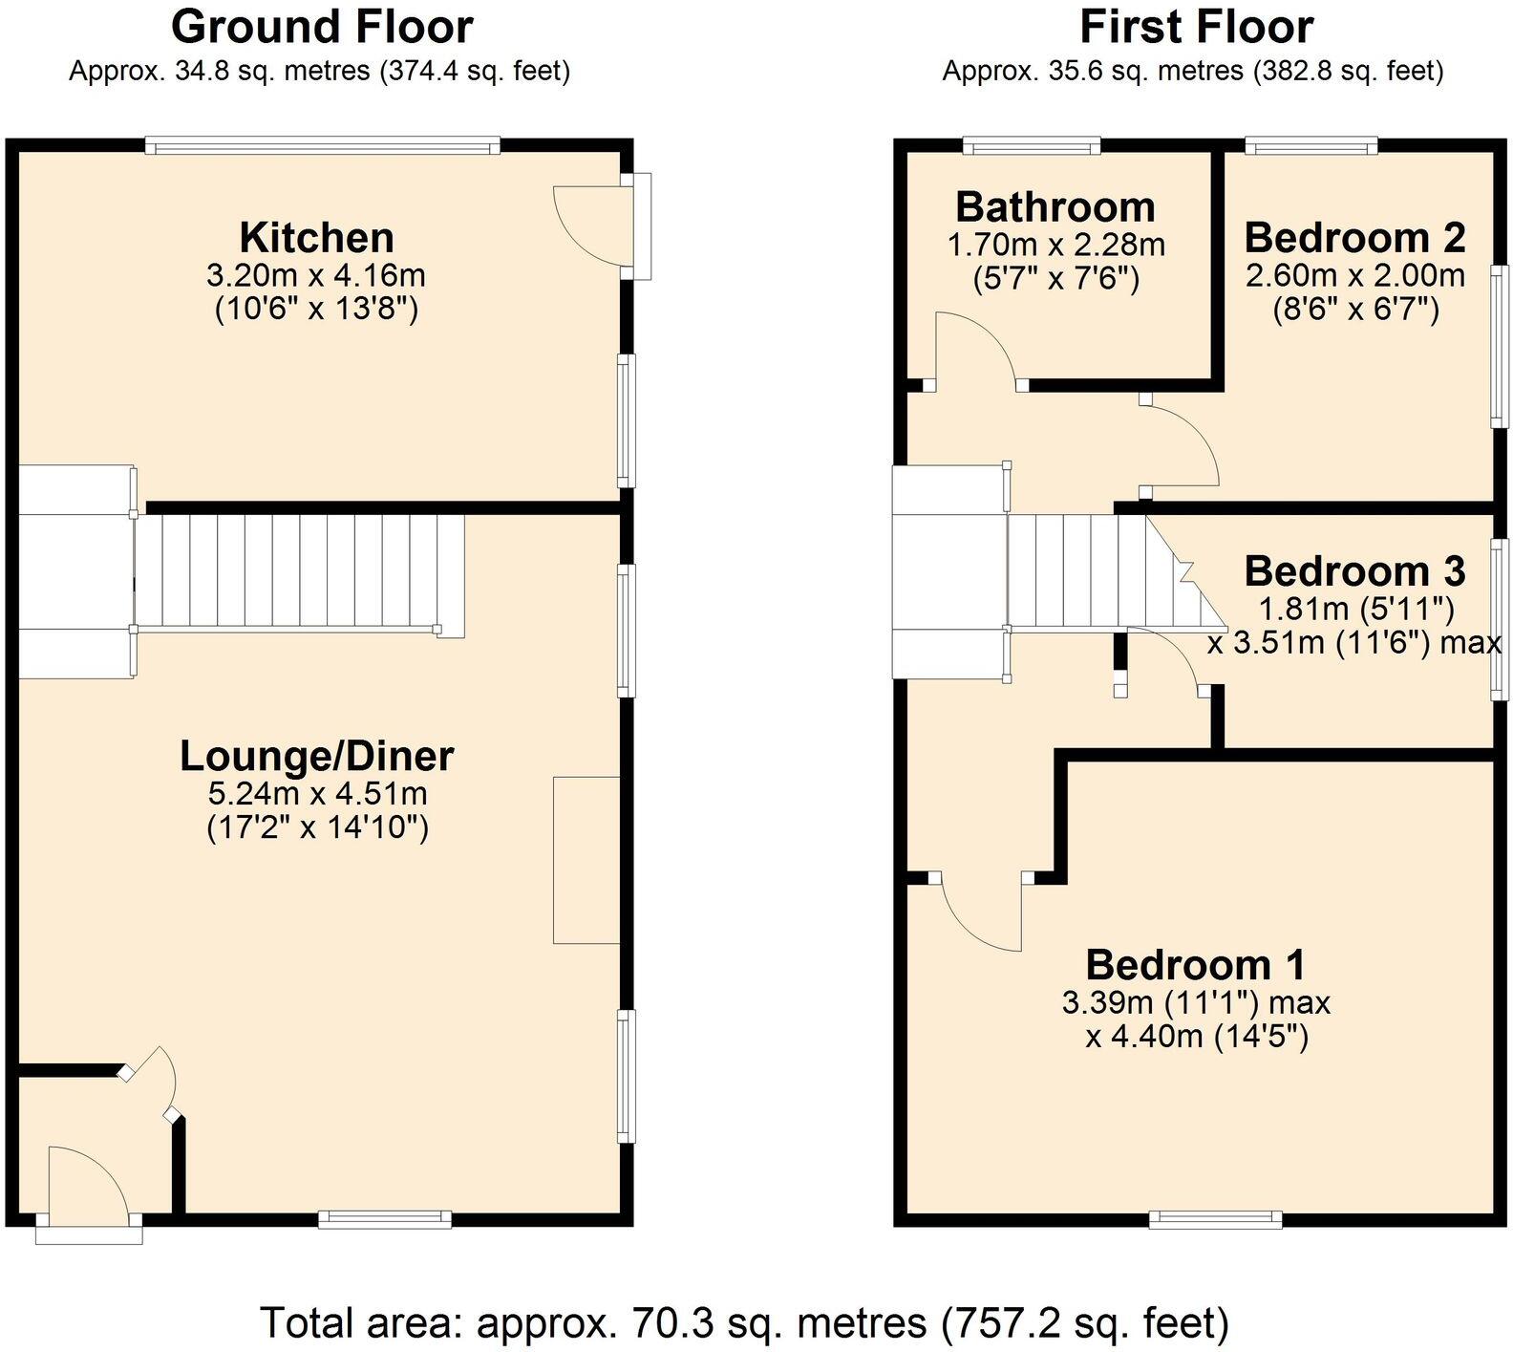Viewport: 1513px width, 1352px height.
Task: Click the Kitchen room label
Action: click(x=316, y=237)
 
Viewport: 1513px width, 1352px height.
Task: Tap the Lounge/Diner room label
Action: click(x=316, y=756)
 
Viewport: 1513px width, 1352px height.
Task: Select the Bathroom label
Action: click(x=1055, y=206)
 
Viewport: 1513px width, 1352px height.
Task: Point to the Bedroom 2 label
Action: click(x=1354, y=237)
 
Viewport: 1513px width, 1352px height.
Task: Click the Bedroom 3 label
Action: click(x=1354, y=571)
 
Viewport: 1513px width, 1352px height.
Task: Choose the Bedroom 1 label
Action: click(x=1195, y=965)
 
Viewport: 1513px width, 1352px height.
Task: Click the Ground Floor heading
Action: click(x=322, y=27)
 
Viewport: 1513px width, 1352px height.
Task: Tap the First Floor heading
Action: click(x=1196, y=27)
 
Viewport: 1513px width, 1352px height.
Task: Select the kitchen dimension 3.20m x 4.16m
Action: click(x=316, y=276)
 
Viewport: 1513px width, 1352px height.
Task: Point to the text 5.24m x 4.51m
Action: click(x=316, y=793)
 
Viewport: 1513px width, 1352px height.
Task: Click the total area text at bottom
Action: click(x=744, y=1323)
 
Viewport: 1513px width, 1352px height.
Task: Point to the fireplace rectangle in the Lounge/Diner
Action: click(x=586, y=860)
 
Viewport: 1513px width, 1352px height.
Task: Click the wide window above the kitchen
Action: click(x=323, y=146)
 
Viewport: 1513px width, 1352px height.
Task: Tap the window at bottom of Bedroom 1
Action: click(x=1215, y=1217)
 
